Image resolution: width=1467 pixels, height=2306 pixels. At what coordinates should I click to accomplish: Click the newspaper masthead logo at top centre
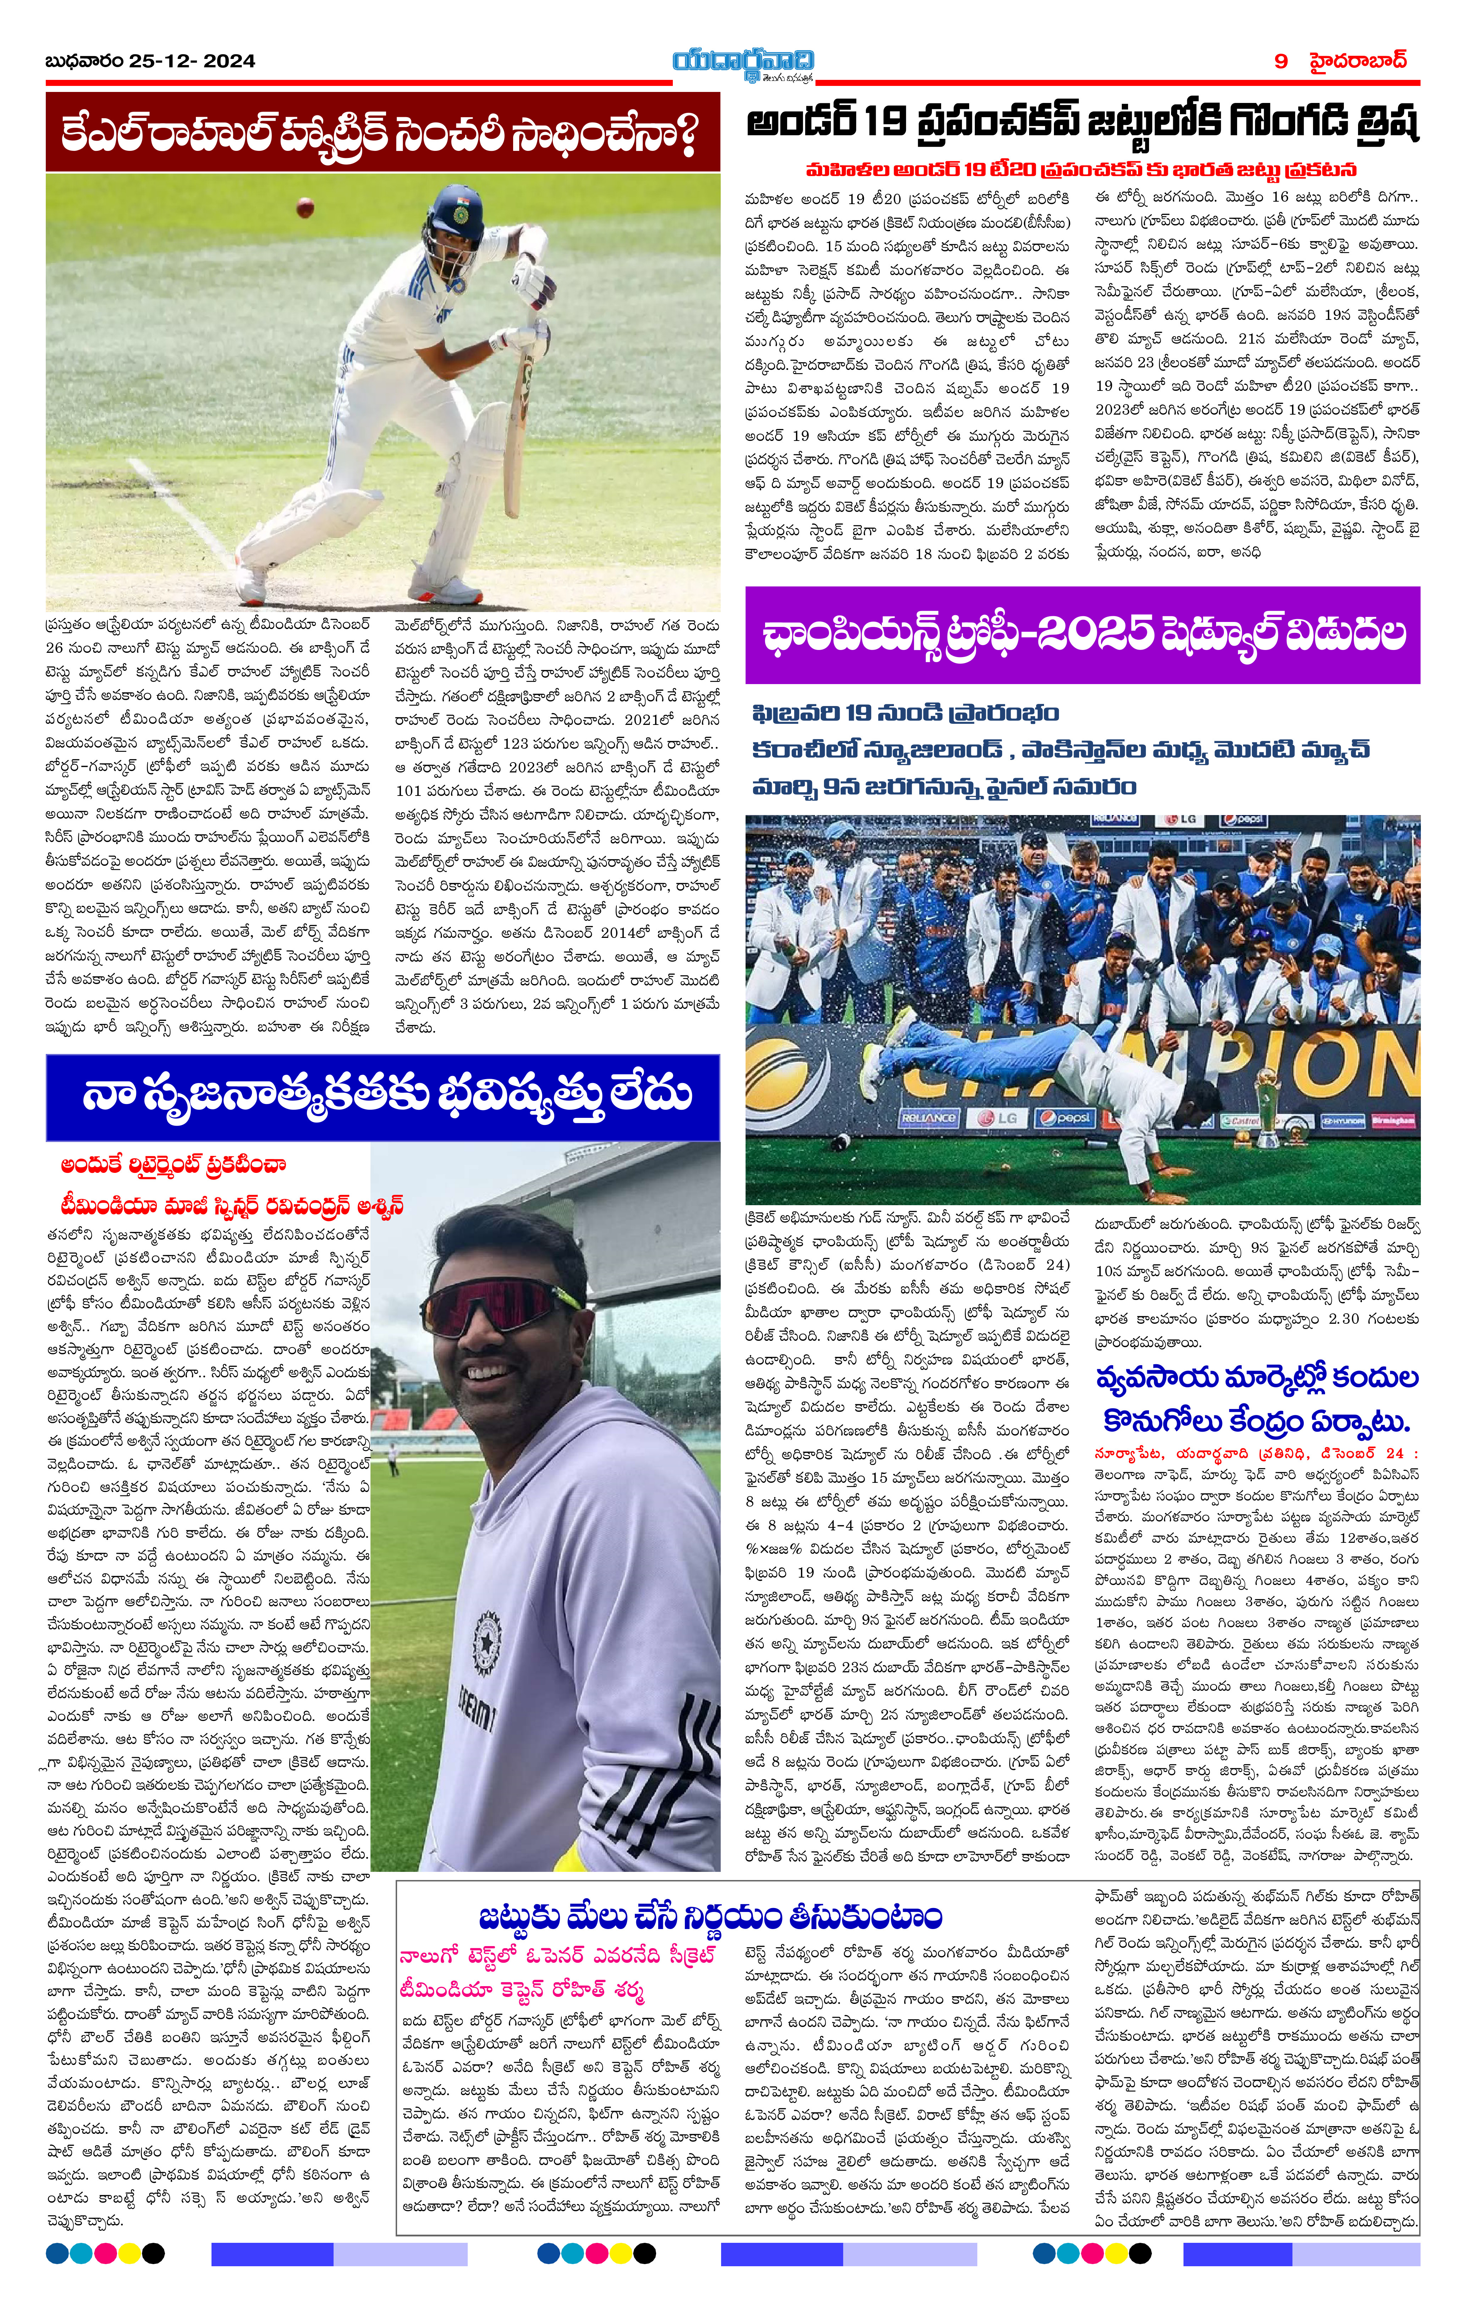coord(742,62)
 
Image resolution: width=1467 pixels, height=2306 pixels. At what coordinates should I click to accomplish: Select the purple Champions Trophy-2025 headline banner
coord(1082,635)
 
